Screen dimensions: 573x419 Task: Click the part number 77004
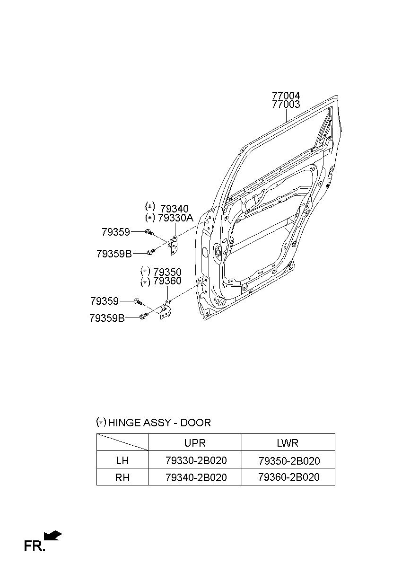pos(286,96)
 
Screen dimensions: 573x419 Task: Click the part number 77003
pos(286,105)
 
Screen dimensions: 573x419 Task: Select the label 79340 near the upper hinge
pos(174,209)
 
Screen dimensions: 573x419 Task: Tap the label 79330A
pos(175,218)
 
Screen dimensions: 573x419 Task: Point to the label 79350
pos(167,272)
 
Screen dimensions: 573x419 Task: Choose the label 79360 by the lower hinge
pos(167,282)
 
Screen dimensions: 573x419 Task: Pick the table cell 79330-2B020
pos(196,461)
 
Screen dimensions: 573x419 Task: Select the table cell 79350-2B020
pos(289,461)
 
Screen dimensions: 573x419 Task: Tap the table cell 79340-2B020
pos(196,477)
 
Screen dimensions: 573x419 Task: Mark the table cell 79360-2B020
pos(289,477)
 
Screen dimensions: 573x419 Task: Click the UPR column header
pos(195,443)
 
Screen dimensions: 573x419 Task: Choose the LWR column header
pos(288,443)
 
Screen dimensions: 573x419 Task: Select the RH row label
pos(122,477)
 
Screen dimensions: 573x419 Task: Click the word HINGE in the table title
pos(124,423)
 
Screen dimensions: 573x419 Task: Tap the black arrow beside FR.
pos(53,535)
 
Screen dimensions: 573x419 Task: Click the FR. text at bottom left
pos(35,547)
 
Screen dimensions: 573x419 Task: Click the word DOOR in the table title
pos(196,423)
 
